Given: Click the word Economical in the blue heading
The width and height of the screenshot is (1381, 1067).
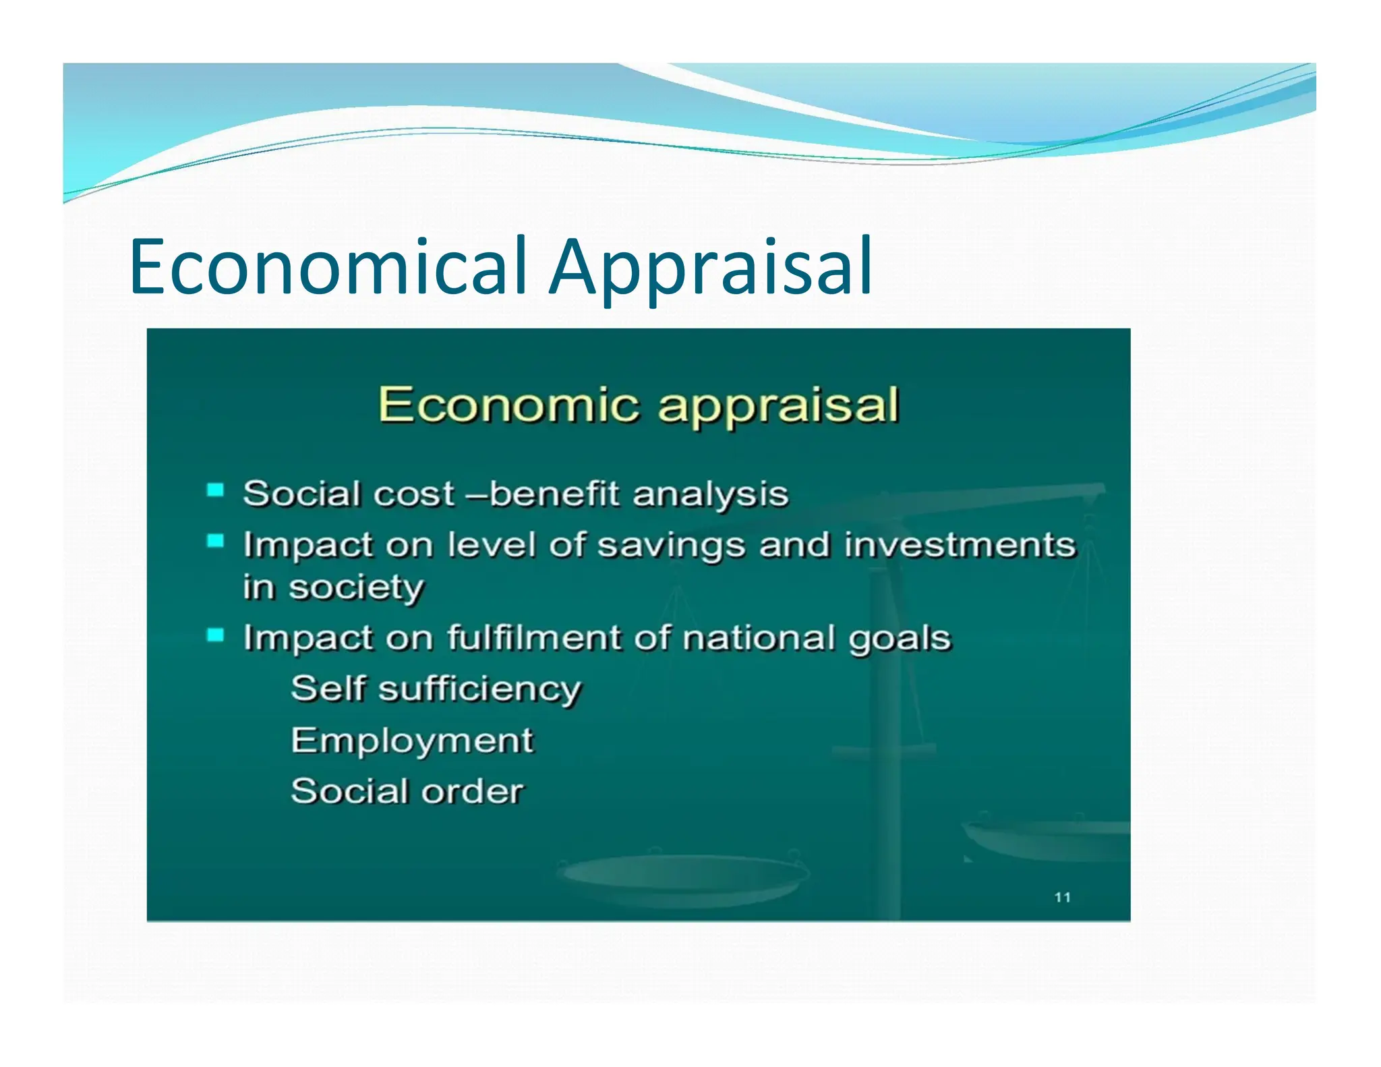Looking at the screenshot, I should click(x=328, y=266).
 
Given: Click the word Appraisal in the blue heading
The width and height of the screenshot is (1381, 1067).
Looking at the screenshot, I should click(x=711, y=266).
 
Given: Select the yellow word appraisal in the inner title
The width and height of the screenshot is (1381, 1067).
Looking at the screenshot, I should click(x=779, y=406).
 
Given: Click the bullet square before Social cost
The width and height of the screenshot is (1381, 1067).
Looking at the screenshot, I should click(x=215, y=490).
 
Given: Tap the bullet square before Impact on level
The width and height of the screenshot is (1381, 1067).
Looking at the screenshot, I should click(x=215, y=541).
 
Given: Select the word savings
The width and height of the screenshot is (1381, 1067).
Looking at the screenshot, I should click(x=671, y=546).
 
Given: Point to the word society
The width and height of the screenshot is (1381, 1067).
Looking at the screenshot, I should click(x=357, y=588).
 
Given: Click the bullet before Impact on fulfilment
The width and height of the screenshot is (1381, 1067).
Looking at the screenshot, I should click(x=215, y=635).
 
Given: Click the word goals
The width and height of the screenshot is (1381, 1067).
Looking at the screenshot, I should click(x=900, y=639).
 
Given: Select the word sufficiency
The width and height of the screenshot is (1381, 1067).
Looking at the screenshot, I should click(x=479, y=689).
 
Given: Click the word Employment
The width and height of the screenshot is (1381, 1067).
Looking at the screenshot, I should click(x=412, y=741).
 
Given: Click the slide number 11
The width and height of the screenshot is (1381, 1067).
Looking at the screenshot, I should click(x=1063, y=897).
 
